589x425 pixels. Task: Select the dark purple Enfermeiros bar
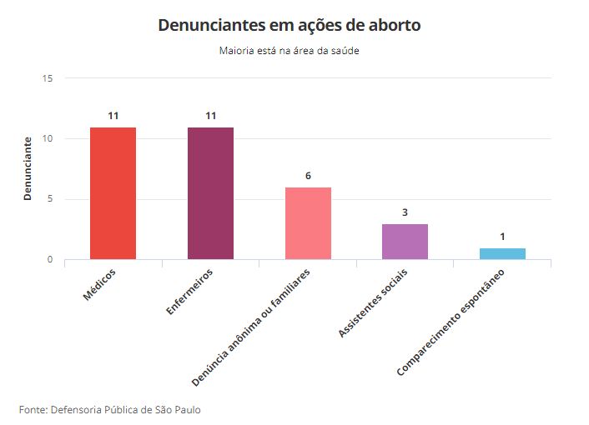coord(210,193)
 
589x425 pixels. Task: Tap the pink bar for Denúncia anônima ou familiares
coord(308,223)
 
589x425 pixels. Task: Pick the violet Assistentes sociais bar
coord(405,242)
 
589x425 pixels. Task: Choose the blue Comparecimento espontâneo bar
coord(502,253)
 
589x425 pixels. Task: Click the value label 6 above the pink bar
coord(308,176)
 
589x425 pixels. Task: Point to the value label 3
coord(405,212)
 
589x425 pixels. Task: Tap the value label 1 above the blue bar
coord(502,237)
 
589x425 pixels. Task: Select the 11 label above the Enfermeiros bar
coord(210,116)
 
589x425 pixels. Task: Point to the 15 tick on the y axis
coord(48,78)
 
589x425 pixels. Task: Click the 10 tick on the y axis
coord(48,138)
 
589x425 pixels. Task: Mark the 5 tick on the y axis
coord(50,199)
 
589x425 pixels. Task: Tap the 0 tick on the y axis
coord(50,259)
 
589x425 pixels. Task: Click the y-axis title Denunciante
coord(28,168)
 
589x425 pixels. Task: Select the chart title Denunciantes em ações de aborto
coord(289,26)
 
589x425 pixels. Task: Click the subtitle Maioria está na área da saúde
coord(289,51)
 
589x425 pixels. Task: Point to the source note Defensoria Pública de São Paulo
coord(109,409)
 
